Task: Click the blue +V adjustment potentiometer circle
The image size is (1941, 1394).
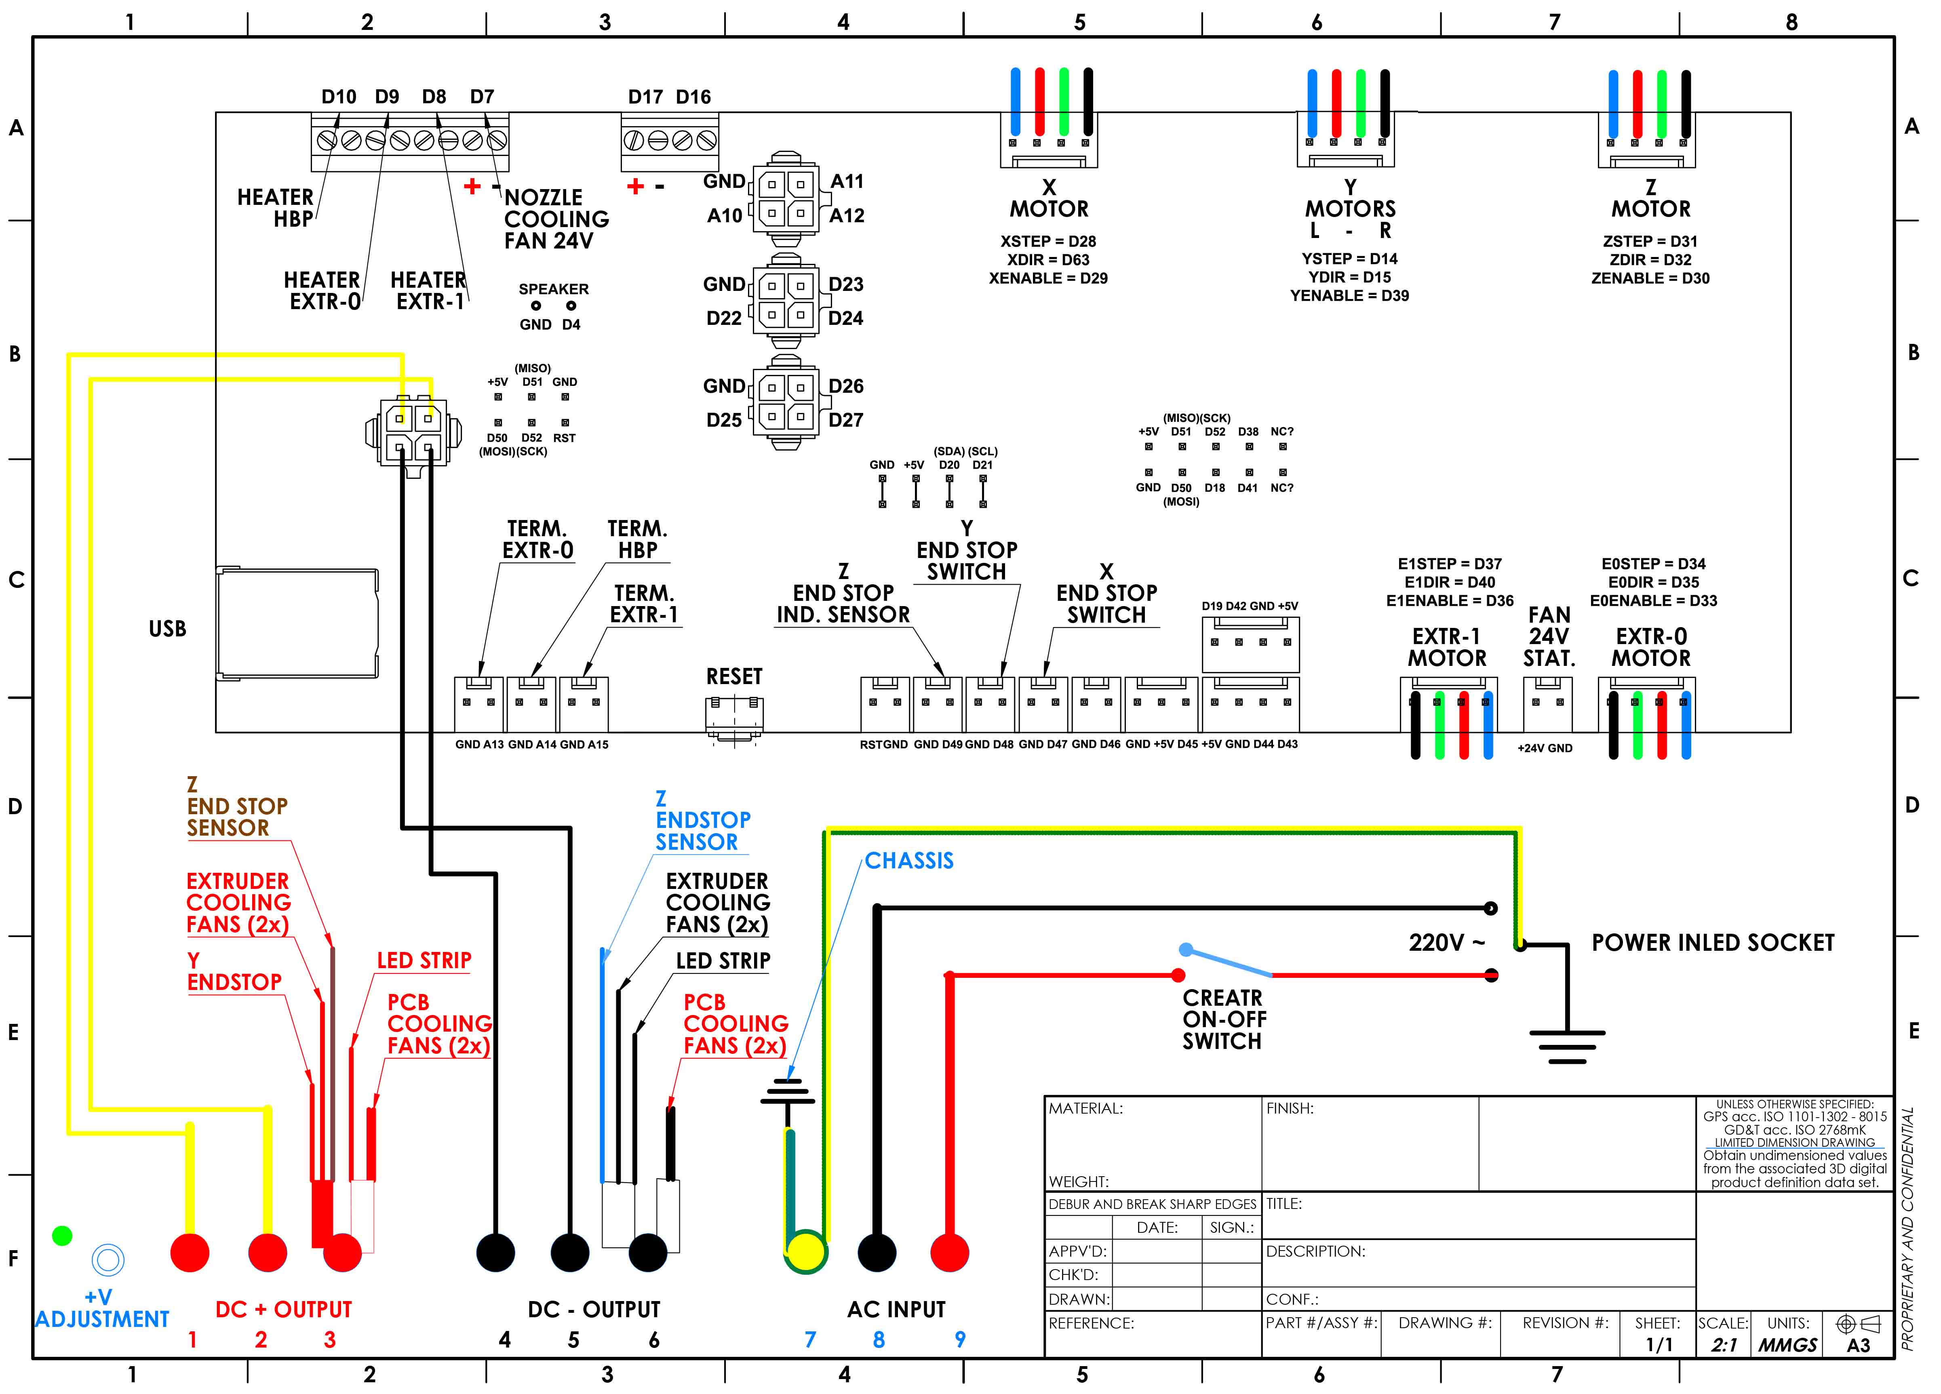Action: pos(108,1259)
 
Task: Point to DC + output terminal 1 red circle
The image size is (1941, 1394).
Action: pos(190,1253)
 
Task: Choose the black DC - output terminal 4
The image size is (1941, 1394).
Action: pos(495,1253)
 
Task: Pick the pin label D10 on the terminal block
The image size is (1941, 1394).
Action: pos(339,97)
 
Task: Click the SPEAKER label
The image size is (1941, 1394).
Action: pos(554,289)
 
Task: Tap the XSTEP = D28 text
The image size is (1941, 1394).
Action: pos(1048,241)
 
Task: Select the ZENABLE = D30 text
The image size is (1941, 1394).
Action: pos(1650,278)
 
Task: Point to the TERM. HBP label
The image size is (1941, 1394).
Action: pos(638,539)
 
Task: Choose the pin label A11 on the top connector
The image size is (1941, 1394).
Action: pos(847,181)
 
